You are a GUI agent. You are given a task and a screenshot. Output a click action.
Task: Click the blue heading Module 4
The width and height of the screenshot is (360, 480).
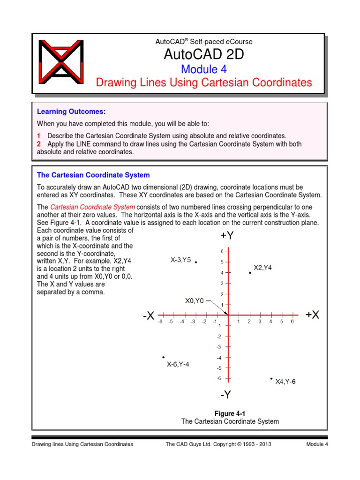203,69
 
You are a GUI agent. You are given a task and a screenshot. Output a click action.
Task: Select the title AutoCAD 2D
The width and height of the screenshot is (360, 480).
203,55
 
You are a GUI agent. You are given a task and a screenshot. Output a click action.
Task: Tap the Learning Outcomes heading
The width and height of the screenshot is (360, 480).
71,112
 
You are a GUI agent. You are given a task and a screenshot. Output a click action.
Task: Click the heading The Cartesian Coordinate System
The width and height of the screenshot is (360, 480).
93,175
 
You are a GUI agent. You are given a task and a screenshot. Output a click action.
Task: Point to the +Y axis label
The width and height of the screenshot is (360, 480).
226,236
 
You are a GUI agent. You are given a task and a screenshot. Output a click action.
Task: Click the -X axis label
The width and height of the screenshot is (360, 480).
149,316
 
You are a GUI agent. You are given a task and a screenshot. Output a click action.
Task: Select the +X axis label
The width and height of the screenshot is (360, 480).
312,315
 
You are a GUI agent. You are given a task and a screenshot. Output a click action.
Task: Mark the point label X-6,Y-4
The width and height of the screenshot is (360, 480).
178,364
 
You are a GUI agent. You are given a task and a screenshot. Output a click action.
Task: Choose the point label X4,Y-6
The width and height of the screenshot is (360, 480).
285,382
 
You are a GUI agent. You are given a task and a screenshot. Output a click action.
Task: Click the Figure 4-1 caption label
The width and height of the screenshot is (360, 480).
230,413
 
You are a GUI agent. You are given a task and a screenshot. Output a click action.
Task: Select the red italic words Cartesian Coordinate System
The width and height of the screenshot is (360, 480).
93,207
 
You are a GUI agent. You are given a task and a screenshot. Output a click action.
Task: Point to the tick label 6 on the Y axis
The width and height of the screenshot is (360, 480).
222,251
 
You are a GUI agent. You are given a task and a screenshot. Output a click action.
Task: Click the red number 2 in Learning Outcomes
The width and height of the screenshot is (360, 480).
39,144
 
